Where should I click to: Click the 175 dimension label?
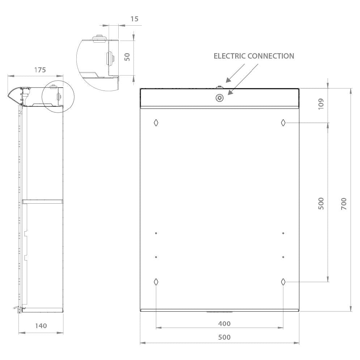click(40, 70)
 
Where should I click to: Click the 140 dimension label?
click(41, 326)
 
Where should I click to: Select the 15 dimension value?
click(135, 19)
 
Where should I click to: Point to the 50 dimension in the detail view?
click(127, 57)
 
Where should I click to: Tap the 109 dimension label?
click(321, 104)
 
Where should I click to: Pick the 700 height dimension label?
click(344, 204)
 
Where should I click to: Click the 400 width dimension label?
click(224, 323)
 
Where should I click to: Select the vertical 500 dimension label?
click(321, 203)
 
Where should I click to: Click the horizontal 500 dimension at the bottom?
click(224, 337)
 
